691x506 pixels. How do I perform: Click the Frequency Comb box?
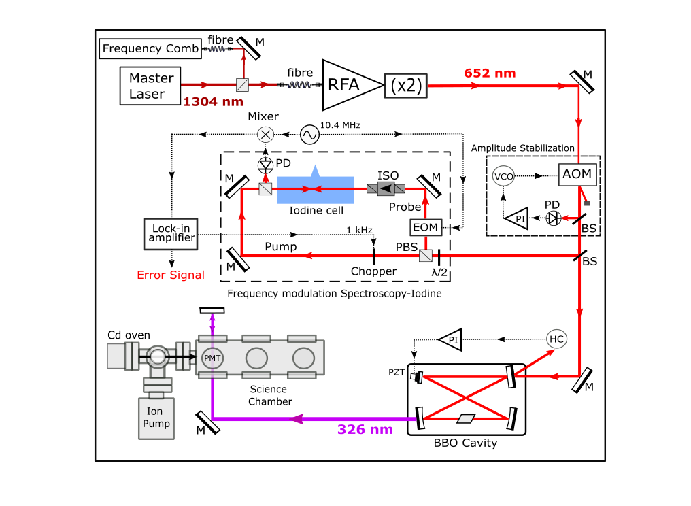(x=150, y=49)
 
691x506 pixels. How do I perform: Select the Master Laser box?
(x=151, y=86)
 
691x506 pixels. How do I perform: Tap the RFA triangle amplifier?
(x=347, y=85)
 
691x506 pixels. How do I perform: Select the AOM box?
(x=577, y=174)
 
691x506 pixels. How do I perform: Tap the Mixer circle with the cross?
(x=265, y=135)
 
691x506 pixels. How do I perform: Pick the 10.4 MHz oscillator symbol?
(x=309, y=135)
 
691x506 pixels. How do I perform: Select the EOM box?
(x=425, y=226)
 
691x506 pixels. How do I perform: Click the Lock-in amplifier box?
(x=171, y=233)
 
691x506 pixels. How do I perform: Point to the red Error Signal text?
(x=171, y=275)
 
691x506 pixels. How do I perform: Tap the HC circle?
(x=556, y=338)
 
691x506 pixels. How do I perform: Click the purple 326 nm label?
(x=365, y=429)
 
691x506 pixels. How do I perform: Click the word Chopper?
(x=373, y=271)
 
